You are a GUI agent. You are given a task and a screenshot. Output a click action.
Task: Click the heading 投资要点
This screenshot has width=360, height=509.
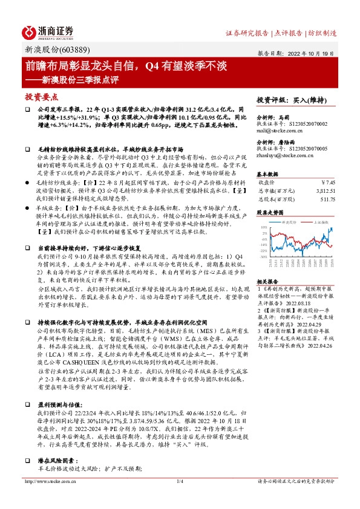point(41,96)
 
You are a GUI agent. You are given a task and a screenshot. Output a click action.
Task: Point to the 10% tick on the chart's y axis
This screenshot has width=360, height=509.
point(264,227)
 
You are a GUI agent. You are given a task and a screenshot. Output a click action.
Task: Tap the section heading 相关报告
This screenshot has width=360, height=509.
point(267,282)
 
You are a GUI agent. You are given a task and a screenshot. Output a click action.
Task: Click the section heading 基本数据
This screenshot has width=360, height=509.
point(267,172)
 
